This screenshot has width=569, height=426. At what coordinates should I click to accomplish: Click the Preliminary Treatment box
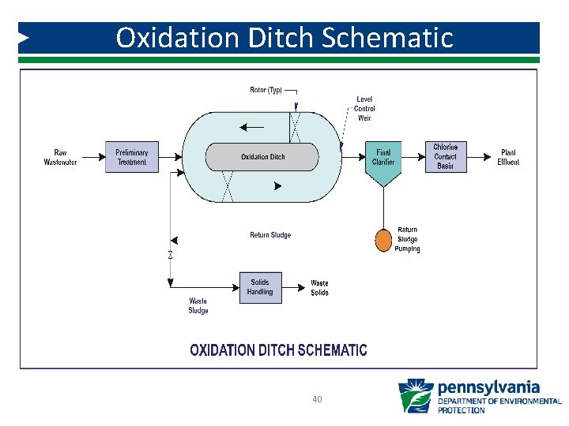coord(131,157)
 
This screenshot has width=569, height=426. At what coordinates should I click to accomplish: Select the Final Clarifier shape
coord(383,162)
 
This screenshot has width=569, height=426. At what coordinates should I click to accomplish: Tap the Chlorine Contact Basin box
coord(445,157)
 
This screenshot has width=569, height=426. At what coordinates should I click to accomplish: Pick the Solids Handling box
coord(260,287)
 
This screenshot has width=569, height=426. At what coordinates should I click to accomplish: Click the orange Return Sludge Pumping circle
coord(383,239)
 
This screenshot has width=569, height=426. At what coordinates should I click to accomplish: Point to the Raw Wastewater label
coord(61,157)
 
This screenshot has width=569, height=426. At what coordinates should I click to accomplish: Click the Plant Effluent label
coord(508,157)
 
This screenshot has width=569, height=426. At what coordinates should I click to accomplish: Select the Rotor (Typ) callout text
coord(266,90)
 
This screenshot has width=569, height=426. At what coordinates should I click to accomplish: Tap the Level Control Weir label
coord(364,109)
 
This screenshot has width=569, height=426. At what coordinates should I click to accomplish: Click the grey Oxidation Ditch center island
coord(262,156)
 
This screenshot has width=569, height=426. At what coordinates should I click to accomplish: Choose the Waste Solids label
coord(319,288)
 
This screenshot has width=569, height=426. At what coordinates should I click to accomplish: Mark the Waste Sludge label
coord(198,305)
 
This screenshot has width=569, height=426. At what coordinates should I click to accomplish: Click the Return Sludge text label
coord(270,235)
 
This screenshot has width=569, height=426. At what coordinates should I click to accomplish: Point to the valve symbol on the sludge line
coord(170,255)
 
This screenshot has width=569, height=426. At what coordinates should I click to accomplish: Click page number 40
coord(317,399)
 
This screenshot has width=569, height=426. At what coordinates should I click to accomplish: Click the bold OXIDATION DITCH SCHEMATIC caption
coord(278,349)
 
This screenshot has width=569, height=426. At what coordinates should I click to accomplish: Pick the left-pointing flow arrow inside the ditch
coord(253,126)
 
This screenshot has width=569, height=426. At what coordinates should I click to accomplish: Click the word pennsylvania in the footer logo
coord(489,387)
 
